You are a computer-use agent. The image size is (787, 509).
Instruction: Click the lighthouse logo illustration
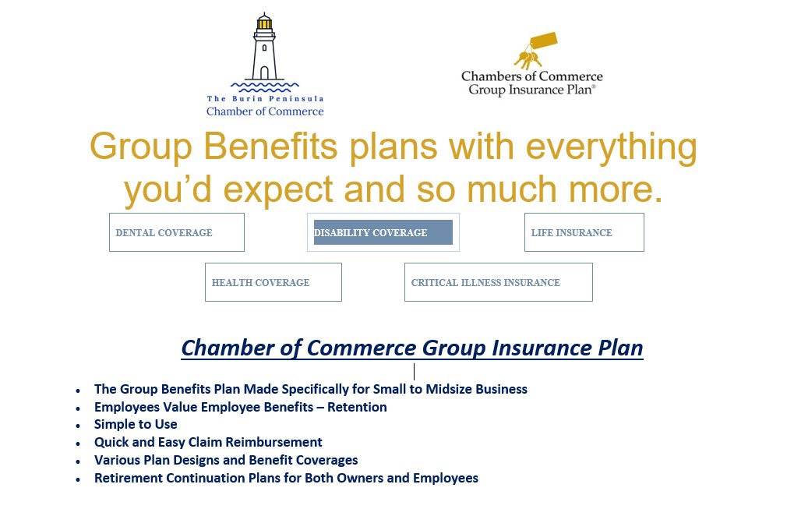click(x=264, y=51)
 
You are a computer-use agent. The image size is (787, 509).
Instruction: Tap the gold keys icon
click(x=534, y=51)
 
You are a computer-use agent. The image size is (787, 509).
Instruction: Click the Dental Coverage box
click(x=176, y=232)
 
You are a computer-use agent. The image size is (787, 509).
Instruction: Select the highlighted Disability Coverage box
click(x=383, y=232)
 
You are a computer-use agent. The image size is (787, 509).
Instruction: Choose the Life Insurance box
click(x=584, y=232)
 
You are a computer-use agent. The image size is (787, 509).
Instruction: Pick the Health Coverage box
click(x=273, y=282)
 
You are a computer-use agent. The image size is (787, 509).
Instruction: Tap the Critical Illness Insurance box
click(x=498, y=282)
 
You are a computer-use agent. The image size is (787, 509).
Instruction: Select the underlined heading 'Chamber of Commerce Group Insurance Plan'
click(x=412, y=348)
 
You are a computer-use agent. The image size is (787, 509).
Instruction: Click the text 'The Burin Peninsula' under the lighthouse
click(x=265, y=99)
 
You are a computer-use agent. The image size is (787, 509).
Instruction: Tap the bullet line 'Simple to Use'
click(x=136, y=425)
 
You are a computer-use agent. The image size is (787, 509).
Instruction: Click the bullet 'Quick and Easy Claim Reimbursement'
click(x=208, y=442)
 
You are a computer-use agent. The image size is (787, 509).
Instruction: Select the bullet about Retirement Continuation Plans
click(x=286, y=478)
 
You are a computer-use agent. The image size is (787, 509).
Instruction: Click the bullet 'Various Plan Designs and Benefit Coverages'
click(x=226, y=460)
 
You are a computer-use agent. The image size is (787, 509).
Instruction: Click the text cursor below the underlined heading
click(x=414, y=371)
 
